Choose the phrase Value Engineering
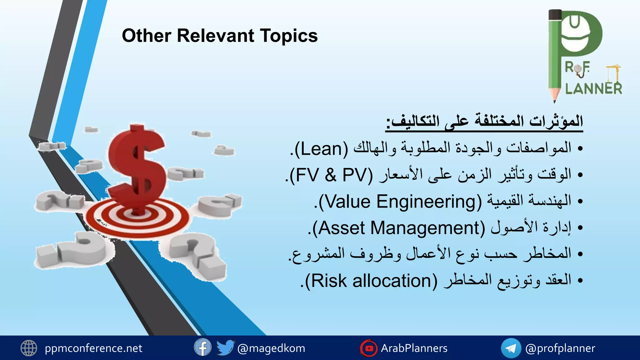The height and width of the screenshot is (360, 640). click(x=400, y=202)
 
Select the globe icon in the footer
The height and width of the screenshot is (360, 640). click(x=29, y=348)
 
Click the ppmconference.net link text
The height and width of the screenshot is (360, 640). click(x=93, y=348)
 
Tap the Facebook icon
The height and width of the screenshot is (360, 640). click(x=202, y=347)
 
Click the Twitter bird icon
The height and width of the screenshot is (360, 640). click(x=225, y=347)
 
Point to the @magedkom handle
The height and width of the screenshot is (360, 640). click(x=271, y=348)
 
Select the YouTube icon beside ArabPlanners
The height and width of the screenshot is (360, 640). click(x=369, y=348)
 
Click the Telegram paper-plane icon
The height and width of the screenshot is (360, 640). click(x=511, y=348)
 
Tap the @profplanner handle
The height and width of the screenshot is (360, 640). click(x=560, y=348)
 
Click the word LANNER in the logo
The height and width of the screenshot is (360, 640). click(x=593, y=89)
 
